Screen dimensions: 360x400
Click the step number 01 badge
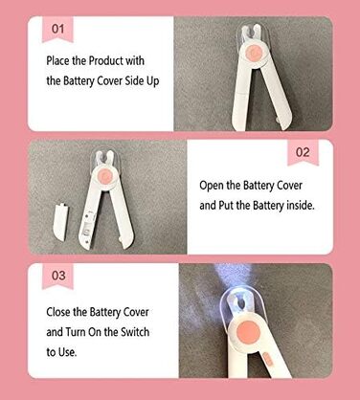(x=57, y=30)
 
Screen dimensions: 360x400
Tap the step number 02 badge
(x=303, y=152)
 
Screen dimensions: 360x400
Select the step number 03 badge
(x=58, y=276)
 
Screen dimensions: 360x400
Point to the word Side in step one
(x=134, y=80)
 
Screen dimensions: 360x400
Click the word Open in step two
(x=212, y=186)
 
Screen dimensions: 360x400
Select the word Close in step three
(x=58, y=312)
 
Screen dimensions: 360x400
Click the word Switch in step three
(x=135, y=332)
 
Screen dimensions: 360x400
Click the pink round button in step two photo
(x=105, y=176)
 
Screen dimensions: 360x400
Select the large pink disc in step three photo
(x=248, y=332)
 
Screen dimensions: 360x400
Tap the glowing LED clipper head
(x=237, y=304)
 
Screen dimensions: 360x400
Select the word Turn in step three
(x=76, y=332)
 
